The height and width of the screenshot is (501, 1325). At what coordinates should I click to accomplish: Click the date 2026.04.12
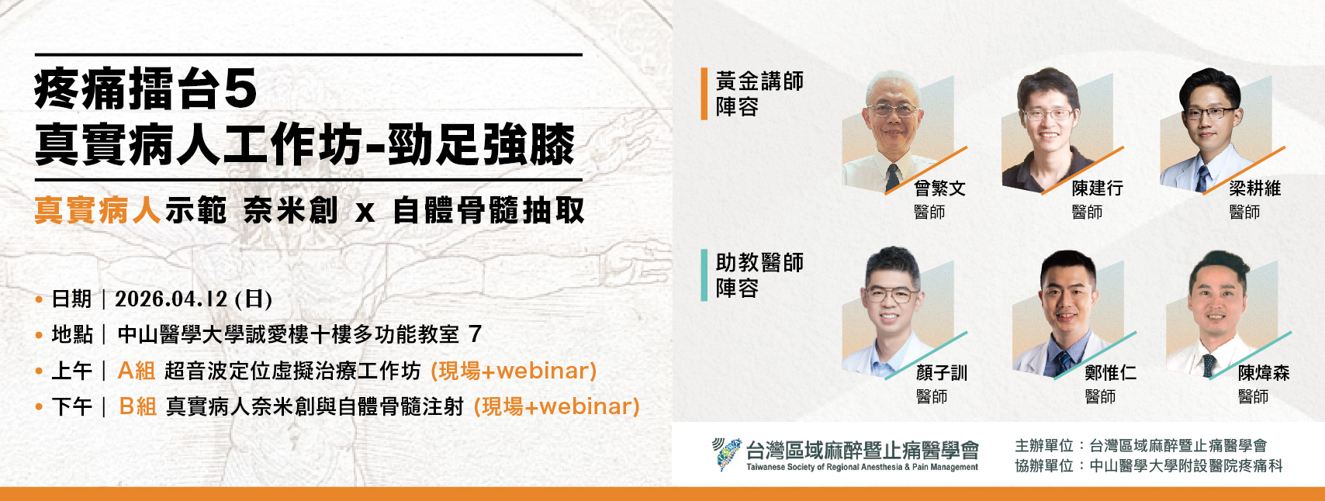pyautogui.click(x=171, y=299)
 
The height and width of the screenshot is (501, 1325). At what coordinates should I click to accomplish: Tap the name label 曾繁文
pyautogui.click(x=939, y=188)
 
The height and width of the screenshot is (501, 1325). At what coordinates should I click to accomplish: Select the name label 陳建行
pyautogui.click(x=1097, y=188)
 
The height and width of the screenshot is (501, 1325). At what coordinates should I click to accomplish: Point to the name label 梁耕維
pyautogui.click(x=1254, y=188)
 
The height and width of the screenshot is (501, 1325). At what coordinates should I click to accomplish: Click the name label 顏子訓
pyautogui.click(x=941, y=373)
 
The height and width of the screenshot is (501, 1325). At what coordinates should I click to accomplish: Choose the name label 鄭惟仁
pyautogui.click(x=1110, y=373)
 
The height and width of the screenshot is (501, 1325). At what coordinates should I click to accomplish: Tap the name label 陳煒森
pyautogui.click(x=1264, y=373)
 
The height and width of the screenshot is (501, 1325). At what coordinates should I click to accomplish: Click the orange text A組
pyautogui.click(x=137, y=371)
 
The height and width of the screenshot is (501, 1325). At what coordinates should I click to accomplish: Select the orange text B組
pyautogui.click(x=138, y=406)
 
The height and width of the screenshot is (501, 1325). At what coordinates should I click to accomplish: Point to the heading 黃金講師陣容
pyautogui.click(x=759, y=94)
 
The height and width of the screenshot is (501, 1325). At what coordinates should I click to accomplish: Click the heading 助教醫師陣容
pyautogui.click(x=759, y=275)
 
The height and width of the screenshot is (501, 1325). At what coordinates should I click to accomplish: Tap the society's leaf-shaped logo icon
pyautogui.click(x=726, y=454)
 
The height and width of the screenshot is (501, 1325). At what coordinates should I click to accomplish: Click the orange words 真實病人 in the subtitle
pyautogui.click(x=98, y=210)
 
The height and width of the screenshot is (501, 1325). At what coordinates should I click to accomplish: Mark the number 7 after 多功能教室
pyautogui.click(x=476, y=334)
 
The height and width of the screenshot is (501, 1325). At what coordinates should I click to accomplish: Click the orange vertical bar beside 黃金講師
pyautogui.click(x=704, y=94)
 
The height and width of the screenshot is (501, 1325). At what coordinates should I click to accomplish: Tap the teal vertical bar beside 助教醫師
pyautogui.click(x=704, y=275)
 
